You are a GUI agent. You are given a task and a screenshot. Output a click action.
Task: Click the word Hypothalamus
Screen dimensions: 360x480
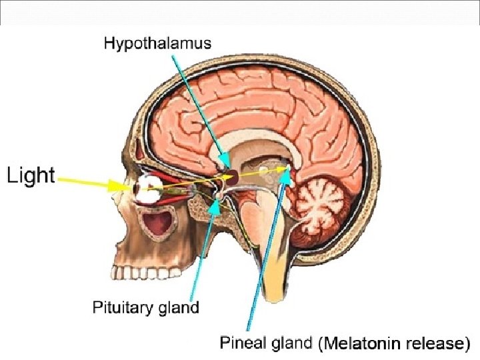click(x=157, y=45)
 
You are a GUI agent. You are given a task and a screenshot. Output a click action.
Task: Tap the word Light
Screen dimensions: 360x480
click(x=31, y=175)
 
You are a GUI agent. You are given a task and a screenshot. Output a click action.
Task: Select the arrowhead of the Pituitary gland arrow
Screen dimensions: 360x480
click(x=215, y=204)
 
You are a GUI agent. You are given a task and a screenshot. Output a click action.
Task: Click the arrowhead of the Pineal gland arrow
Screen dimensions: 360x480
click(x=287, y=174)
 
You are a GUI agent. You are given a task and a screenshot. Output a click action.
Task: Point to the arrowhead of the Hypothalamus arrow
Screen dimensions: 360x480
click(x=227, y=165)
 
